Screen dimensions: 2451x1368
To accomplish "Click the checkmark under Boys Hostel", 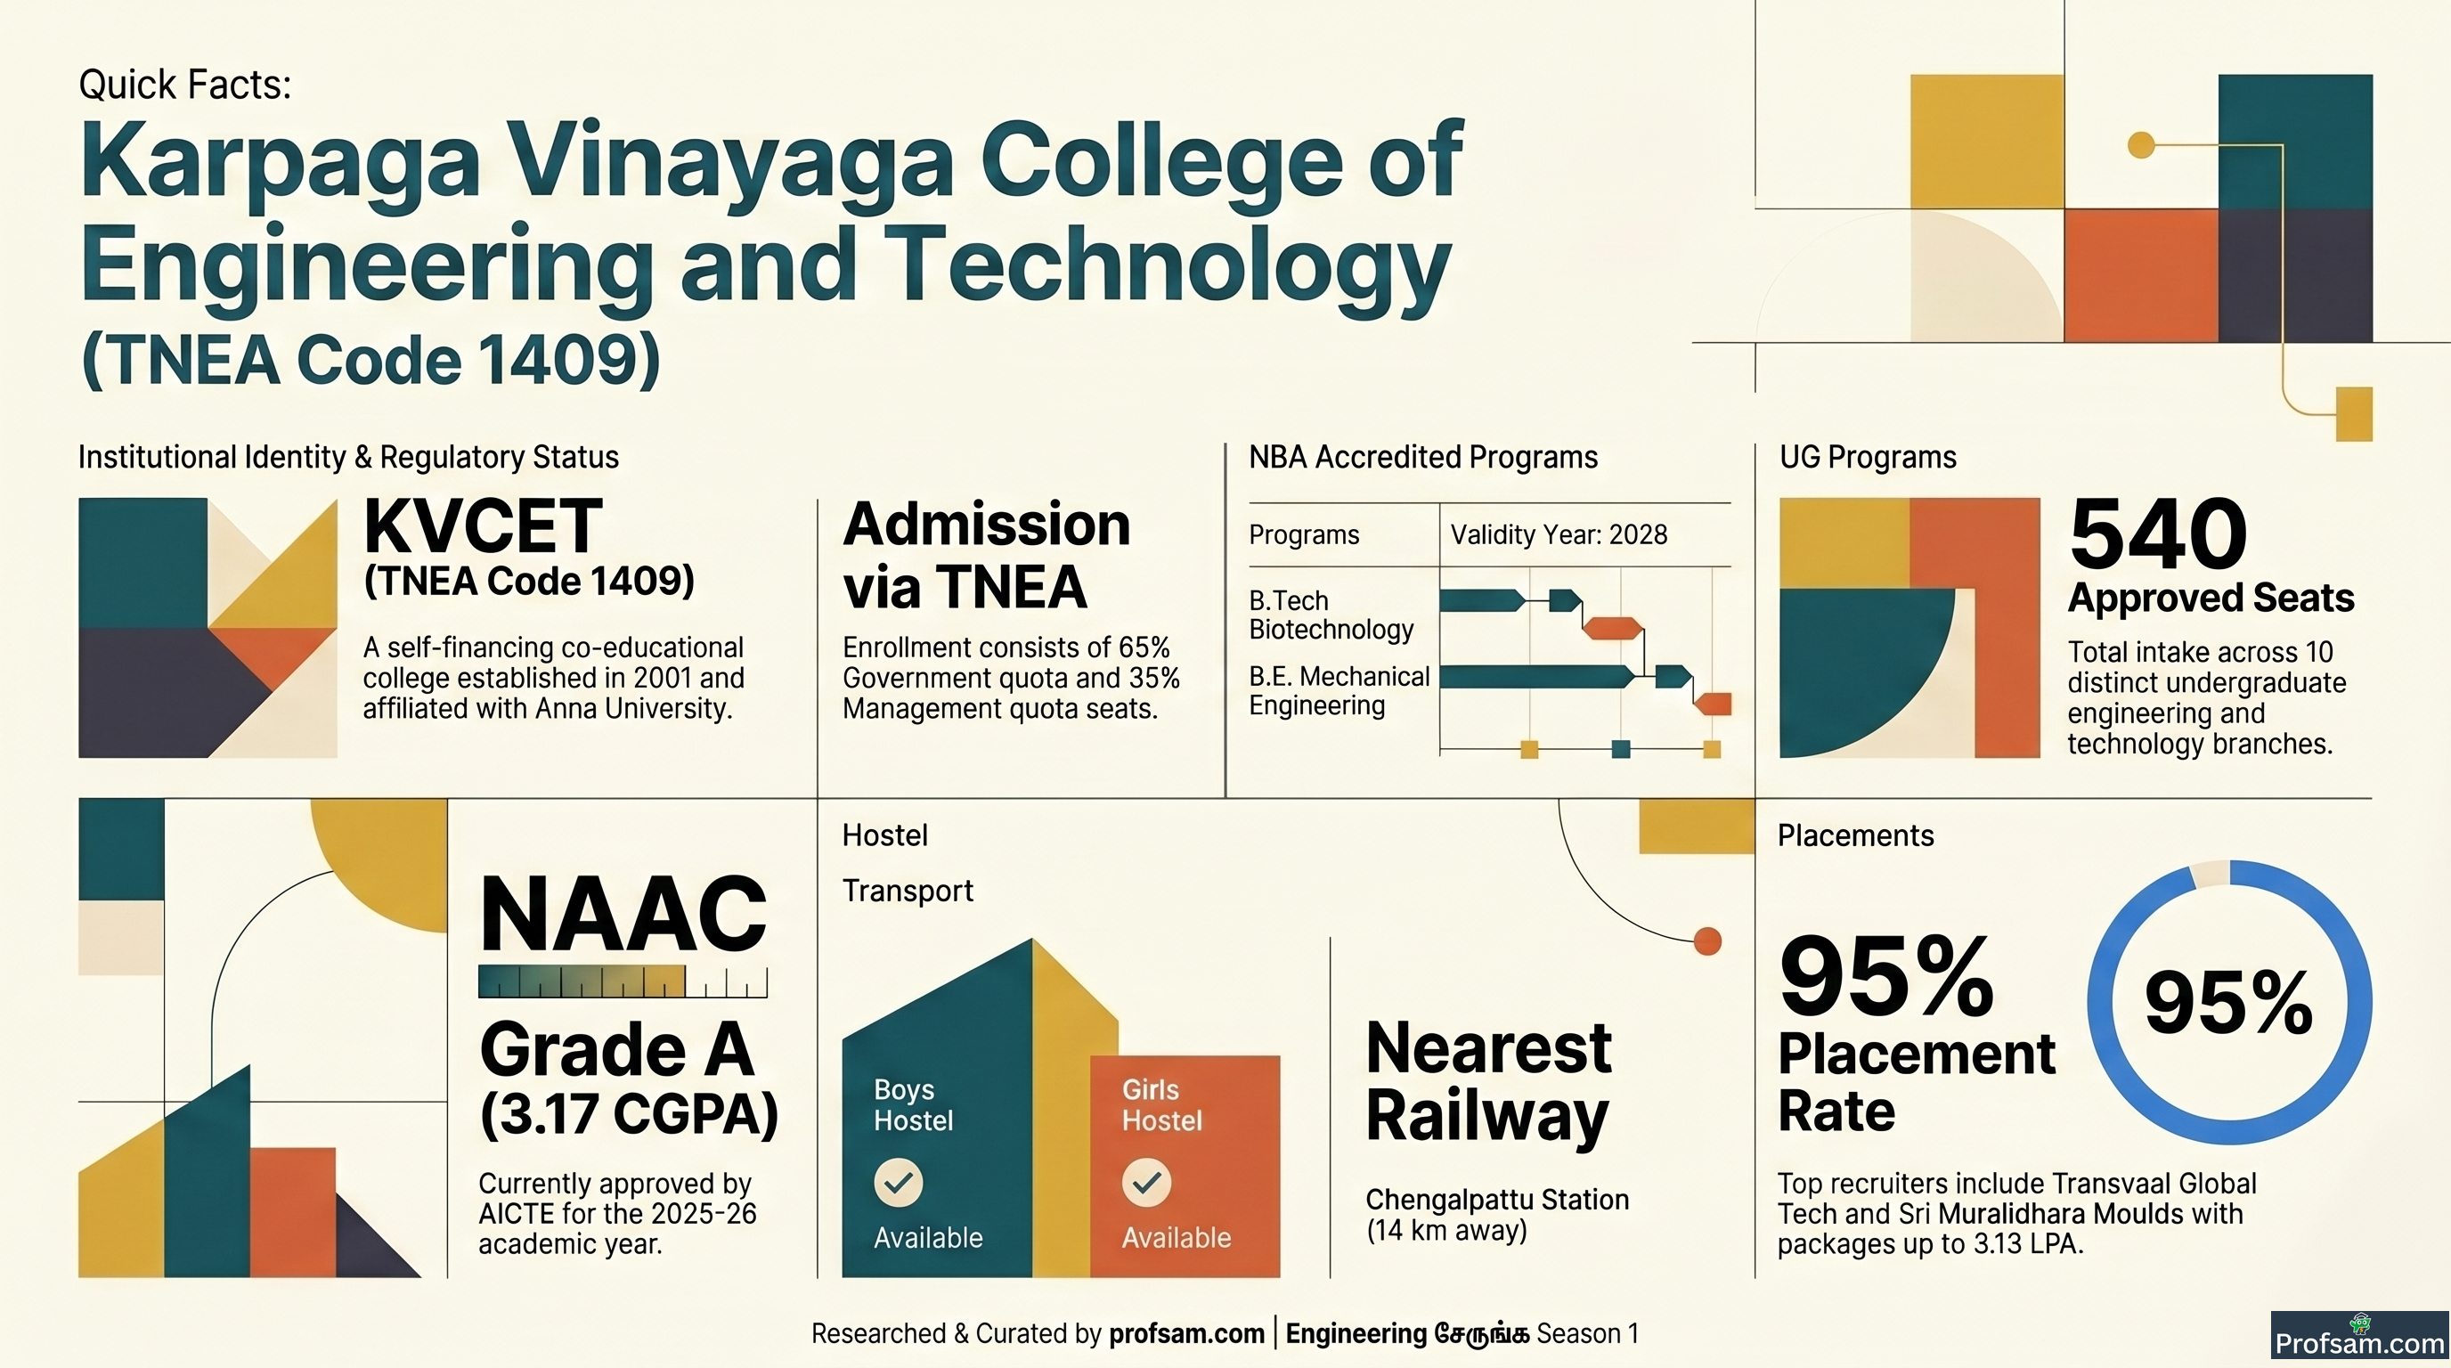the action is [898, 1183].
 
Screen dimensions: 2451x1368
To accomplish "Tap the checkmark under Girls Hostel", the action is [1146, 1183].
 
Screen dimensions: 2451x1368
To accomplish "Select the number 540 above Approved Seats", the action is [2158, 533].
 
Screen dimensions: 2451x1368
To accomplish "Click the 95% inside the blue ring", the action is [2228, 1003].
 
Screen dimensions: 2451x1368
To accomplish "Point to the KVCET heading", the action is [483, 526].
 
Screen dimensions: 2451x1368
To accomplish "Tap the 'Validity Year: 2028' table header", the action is [1559, 534].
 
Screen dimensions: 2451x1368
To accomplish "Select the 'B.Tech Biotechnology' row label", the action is [1331, 615].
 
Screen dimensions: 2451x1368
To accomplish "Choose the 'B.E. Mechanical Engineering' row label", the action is [1339, 690].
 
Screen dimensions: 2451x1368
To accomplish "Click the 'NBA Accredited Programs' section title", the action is [1422, 458].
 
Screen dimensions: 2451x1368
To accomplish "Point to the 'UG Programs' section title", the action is [1868, 458].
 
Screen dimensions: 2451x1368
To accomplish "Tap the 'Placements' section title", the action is [1855, 835].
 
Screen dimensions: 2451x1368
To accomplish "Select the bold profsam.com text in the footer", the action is [1186, 1334].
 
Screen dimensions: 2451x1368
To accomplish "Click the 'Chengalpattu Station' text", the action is [1496, 1200].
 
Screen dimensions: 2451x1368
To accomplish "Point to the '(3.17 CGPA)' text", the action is [629, 1114].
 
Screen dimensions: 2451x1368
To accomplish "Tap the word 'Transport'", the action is [908, 892].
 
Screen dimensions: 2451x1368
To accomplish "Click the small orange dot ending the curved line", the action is [1708, 940].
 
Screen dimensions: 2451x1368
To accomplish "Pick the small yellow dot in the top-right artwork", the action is [2141, 144].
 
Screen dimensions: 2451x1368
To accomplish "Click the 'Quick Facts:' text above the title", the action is [184, 85].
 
